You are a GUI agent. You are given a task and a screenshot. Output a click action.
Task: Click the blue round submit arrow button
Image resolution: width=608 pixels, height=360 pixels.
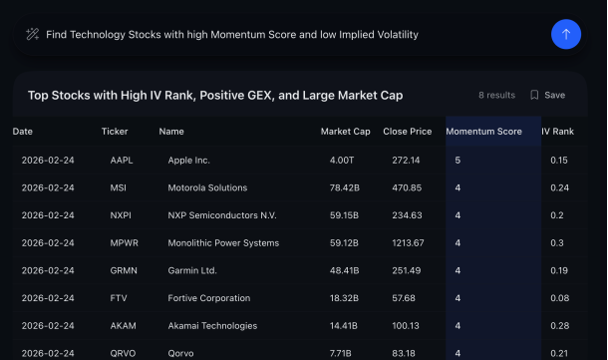(x=566, y=34)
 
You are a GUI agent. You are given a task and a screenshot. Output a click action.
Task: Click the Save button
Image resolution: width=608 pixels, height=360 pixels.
(x=547, y=95)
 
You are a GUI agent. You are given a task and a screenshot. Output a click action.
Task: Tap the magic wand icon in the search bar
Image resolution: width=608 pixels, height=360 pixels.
(x=32, y=34)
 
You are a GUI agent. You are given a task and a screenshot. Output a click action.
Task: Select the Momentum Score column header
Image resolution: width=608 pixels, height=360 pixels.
(x=483, y=132)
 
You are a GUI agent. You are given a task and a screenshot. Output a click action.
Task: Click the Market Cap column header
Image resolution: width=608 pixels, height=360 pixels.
(x=345, y=132)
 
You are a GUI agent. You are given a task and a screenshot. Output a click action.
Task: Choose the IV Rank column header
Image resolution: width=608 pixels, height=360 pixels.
(x=557, y=132)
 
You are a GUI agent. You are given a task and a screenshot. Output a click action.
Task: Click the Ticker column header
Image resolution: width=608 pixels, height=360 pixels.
(x=115, y=132)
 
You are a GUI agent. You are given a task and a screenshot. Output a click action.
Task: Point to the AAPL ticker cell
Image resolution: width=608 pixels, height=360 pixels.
(x=122, y=160)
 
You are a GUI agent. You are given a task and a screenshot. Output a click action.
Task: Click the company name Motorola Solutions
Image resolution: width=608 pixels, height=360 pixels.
(x=207, y=187)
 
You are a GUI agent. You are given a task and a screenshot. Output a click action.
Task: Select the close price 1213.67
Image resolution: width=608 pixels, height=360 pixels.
(x=407, y=242)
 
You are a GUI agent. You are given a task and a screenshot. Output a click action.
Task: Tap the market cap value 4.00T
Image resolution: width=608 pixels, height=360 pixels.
(x=341, y=160)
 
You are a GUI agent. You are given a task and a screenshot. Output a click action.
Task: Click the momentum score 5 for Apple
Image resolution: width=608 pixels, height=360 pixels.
(x=458, y=160)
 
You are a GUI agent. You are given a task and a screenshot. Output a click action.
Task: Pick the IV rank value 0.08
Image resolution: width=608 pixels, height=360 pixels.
(x=559, y=297)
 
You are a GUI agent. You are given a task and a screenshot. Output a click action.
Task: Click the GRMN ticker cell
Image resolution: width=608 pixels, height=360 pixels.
(x=123, y=270)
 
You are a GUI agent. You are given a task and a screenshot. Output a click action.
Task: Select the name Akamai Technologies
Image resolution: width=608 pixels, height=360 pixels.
(x=212, y=325)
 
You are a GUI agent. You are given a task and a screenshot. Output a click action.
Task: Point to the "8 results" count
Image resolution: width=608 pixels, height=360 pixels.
(x=496, y=95)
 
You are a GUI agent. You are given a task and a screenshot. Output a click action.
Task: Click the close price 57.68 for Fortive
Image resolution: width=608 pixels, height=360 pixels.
(x=403, y=297)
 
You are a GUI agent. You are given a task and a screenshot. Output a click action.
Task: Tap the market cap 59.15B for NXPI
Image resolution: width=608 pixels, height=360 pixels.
(x=344, y=215)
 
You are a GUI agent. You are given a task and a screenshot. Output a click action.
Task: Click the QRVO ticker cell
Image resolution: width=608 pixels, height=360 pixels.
(x=123, y=352)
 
